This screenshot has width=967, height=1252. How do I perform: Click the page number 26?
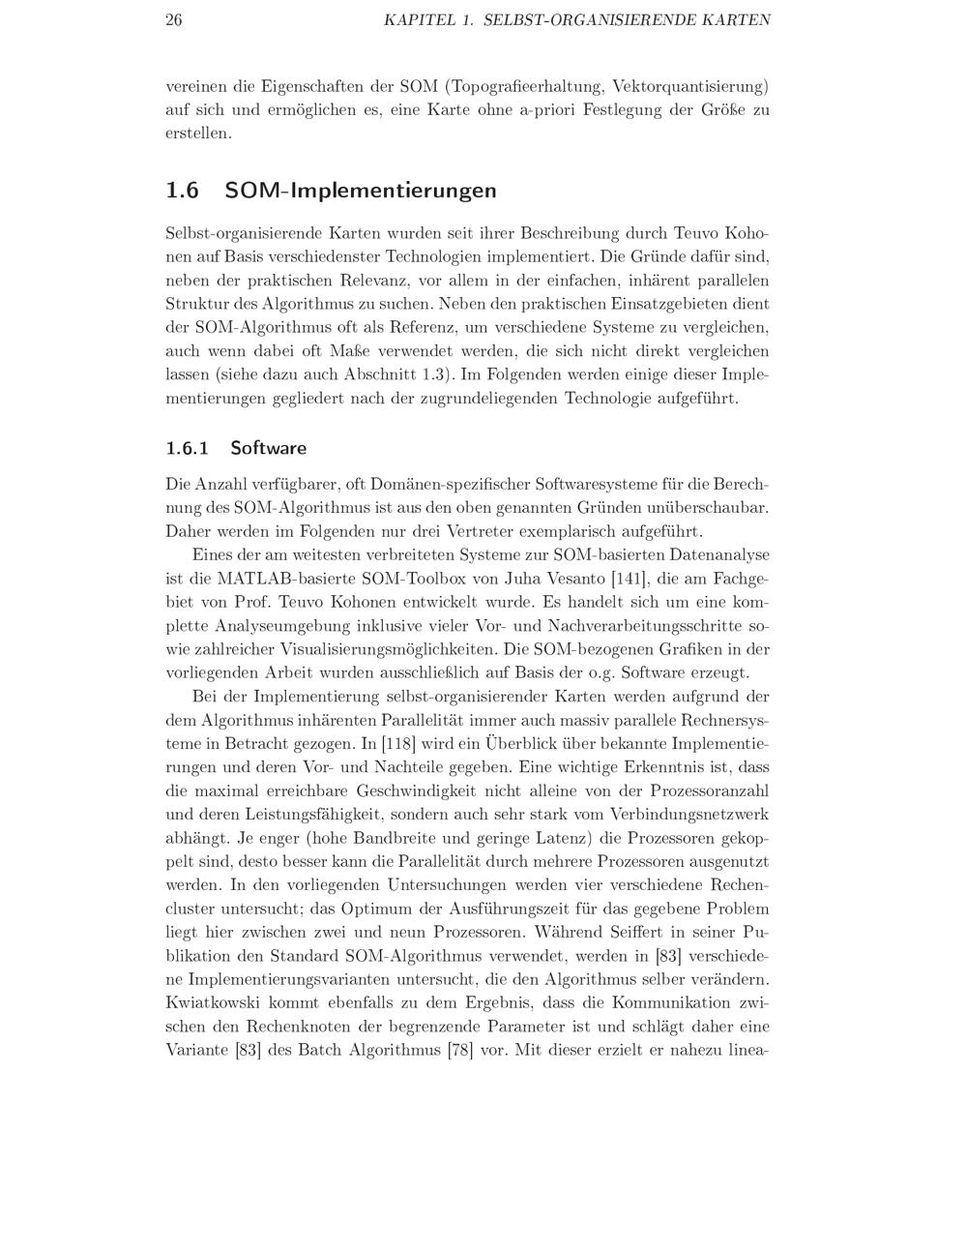click(174, 20)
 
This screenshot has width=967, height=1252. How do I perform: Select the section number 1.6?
click(182, 191)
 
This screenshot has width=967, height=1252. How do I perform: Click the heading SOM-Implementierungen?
click(361, 191)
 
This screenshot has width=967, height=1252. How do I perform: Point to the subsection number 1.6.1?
click(188, 448)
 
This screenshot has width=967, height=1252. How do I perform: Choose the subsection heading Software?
click(269, 448)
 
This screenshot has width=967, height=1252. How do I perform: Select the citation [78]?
click(459, 1050)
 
